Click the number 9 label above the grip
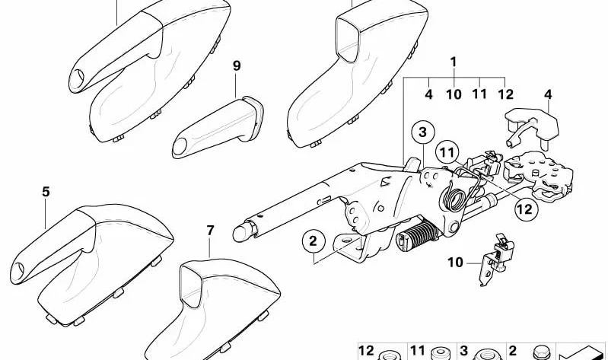click(237, 65)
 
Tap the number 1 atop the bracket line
click(454, 62)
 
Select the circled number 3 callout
click(422, 132)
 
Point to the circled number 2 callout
click(313, 241)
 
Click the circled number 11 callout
click(447, 152)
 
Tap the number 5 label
click(46, 192)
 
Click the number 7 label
click(210, 231)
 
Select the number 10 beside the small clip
click(456, 263)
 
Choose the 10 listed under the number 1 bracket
click(454, 94)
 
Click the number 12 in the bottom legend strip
click(366, 351)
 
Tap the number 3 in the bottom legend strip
click(463, 351)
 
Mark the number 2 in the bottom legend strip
click(513, 351)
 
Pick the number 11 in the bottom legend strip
click(418, 351)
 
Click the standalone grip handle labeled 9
click(218, 128)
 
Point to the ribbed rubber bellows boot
click(418, 233)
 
